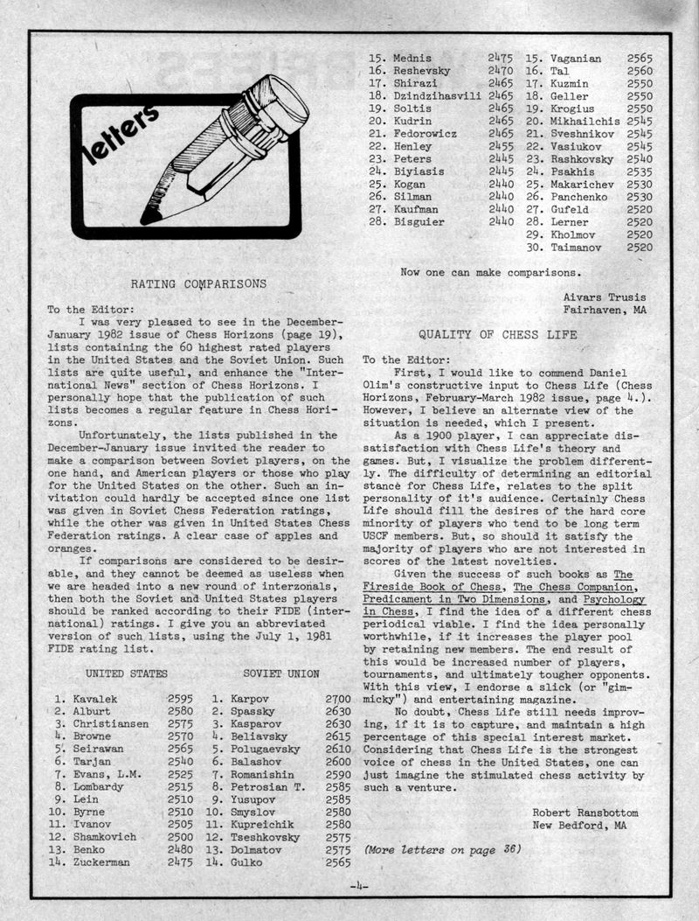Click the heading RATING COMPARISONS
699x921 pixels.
click(198, 283)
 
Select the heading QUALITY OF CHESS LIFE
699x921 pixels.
click(498, 335)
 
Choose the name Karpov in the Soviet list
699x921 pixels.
click(250, 700)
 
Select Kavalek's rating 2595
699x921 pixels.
click(180, 700)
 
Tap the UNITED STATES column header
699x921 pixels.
click(126, 673)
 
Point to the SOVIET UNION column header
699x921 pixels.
click(281, 673)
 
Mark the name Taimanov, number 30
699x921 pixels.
click(580, 248)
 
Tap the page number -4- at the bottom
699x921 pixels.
click(359, 886)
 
